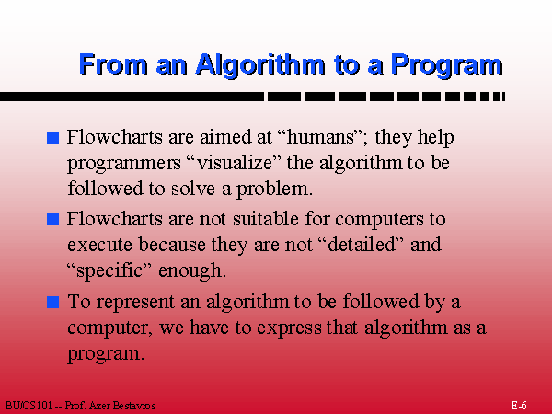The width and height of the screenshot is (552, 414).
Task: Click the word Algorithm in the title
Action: [x=260, y=64]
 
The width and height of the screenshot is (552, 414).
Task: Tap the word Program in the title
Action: [x=447, y=64]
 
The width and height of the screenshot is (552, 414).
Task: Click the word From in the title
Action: [x=113, y=63]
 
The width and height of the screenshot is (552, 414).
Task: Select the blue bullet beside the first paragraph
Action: [x=52, y=137]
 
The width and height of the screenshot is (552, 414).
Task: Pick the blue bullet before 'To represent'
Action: [x=52, y=302]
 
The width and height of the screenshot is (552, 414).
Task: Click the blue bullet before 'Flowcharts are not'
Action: [x=52, y=219]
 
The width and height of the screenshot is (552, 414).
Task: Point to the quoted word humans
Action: [x=320, y=136]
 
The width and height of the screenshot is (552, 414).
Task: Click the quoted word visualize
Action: [x=236, y=163]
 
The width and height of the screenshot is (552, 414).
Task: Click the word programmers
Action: [x=124, y=164]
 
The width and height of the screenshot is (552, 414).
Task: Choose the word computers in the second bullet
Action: [x=379, y=220]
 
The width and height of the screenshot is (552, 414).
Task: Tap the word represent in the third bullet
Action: [x=135, y=303]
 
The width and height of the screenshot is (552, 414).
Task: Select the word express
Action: [x=289, y=328]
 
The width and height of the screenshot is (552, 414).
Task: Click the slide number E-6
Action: [x=519, y=405]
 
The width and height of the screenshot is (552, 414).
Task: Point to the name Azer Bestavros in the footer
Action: [x=122, y=406]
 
